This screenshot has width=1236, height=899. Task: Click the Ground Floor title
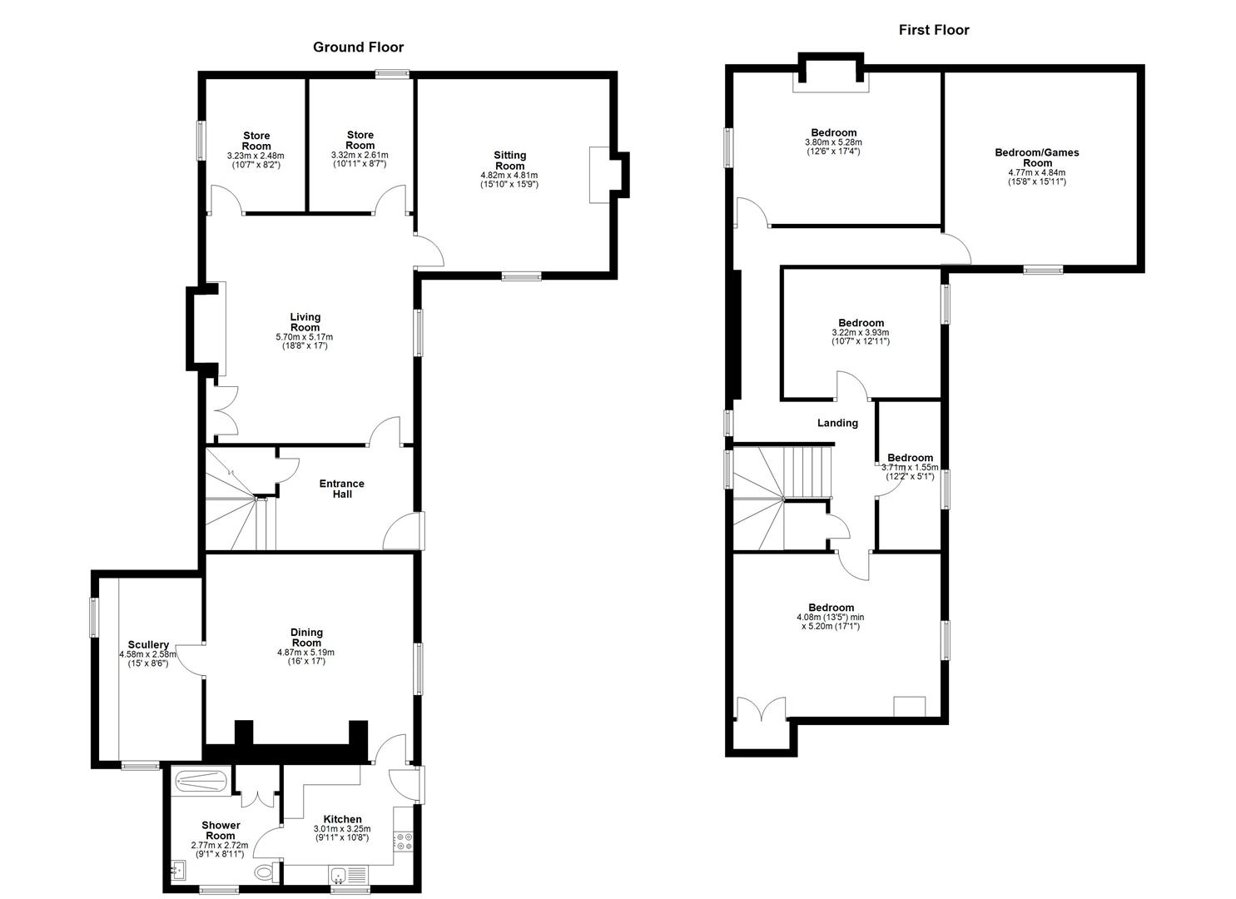point(358,47)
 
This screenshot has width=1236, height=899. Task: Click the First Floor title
point(933,30)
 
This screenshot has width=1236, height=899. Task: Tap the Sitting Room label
point(509,161)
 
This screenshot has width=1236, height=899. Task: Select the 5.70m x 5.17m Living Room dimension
point(305,337)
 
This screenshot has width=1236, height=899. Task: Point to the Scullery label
point(148,645)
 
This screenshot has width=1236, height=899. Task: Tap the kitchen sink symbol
point(340,875)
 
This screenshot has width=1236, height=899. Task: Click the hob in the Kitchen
point(405,842)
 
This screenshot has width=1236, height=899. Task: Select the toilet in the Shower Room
point(265,873)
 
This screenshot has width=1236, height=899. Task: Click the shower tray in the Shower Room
point(200,782)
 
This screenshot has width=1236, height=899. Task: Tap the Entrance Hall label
point(342,489)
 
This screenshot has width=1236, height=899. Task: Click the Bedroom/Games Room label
point(1037,157)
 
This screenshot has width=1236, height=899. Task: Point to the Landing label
point(837,423)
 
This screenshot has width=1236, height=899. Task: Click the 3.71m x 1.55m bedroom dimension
point(910,468)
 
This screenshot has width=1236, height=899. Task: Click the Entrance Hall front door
point(410,530)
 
